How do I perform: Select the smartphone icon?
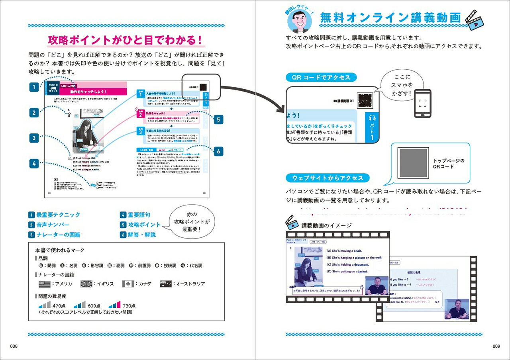coord(422,103)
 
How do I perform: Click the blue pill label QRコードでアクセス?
coord(321,77)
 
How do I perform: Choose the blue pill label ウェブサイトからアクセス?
coord(328,178)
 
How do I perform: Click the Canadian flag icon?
coord(127,284)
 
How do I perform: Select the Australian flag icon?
coord(166,284)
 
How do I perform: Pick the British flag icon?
coord(86,284)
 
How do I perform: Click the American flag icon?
coord(44,284)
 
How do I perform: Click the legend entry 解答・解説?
coord(141,235)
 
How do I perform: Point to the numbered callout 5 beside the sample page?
coord(218,119)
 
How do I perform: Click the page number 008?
coord(14,346)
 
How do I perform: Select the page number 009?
coord(496,346)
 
